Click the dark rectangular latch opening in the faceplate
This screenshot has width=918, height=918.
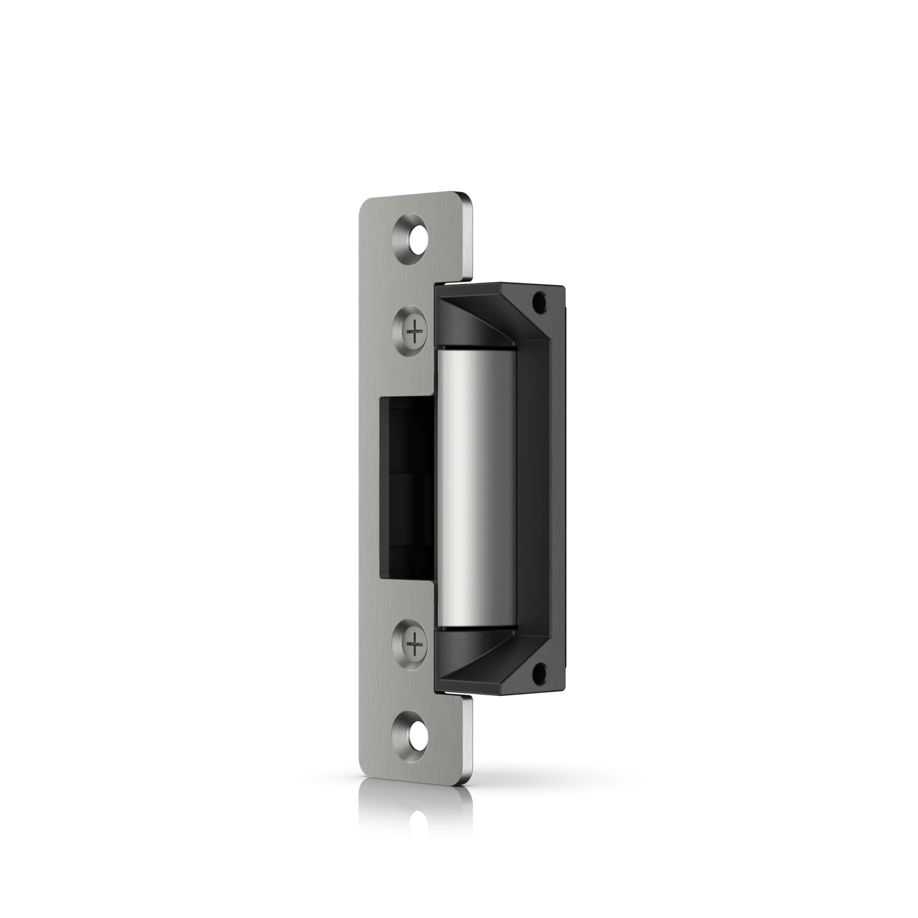(407, 487)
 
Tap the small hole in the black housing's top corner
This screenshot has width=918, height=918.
(540, 301)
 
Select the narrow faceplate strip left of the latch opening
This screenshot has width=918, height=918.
(370, 487)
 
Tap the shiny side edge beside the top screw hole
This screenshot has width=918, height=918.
(469, 239)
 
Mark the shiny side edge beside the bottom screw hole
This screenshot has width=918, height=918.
(469, 734)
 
